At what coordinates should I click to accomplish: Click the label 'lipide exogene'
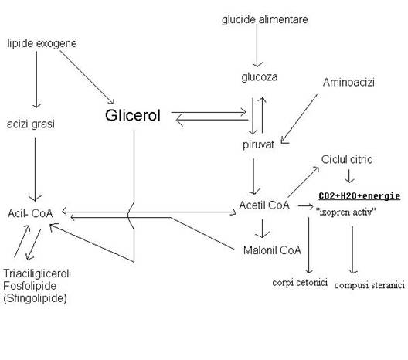tap(42, 43)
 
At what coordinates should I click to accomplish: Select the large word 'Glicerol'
tap(133, 115)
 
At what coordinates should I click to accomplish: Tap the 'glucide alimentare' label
tap(265, 20)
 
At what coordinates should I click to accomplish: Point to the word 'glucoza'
tap(260, 77)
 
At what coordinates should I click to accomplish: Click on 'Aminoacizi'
tap(348, 83)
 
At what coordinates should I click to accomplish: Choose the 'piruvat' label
tap(258, 144)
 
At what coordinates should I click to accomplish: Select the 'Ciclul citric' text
tap(347, 159)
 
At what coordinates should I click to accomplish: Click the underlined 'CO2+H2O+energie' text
tap(359, 195)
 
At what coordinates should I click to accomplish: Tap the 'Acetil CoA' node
tap(264, 205)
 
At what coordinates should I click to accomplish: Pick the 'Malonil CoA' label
tap(272, 250)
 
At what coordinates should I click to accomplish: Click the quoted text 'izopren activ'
tap(346, 212)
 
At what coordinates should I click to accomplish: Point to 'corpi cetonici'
tap(300, 283)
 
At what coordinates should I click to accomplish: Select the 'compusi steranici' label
tap(369, 285)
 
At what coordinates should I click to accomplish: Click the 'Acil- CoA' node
tap(30, 213)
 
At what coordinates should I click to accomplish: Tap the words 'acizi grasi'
tap(31, 124)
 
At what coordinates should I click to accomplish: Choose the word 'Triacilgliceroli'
tap(37, 273)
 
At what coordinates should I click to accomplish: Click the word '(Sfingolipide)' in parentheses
tap(35, 298)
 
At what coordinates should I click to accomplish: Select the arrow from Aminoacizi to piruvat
tap(299, 119)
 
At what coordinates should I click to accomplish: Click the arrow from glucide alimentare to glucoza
tap(257, 46)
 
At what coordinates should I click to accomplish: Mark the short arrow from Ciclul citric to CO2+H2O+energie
tap(349, 176)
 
